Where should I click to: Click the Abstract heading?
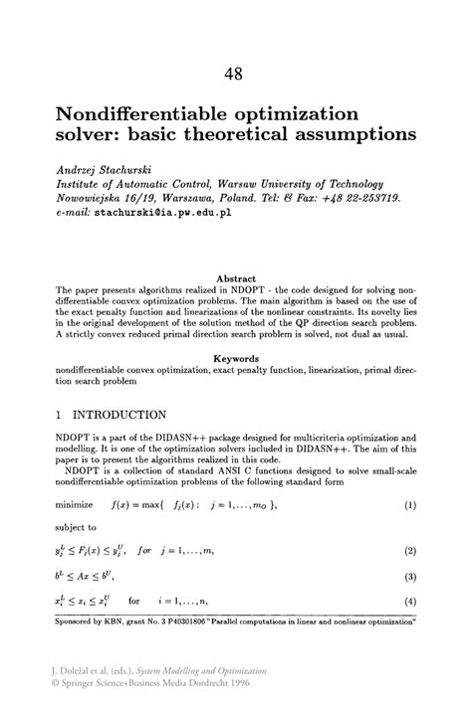[x=236, y=278]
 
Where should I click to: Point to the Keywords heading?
[x=236, y=357]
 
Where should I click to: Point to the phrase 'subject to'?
[x=77, y=527]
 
